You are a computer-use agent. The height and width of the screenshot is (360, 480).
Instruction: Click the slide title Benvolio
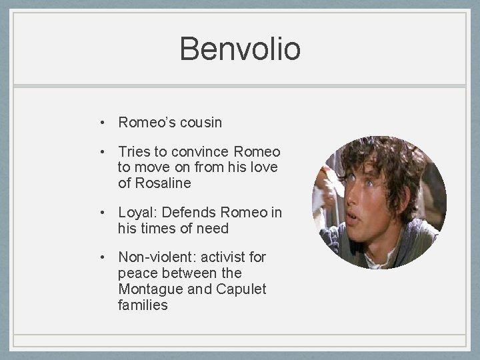240,49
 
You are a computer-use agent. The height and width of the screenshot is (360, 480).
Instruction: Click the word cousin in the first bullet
198,123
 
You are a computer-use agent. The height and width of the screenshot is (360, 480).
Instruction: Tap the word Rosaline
163,183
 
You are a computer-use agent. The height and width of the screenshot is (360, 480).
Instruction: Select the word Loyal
135,213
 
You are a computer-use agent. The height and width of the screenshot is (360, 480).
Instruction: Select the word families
143,305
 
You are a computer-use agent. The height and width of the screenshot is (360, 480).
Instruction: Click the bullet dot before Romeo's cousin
104,123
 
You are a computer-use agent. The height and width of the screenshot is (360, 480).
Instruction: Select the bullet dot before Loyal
104,213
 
